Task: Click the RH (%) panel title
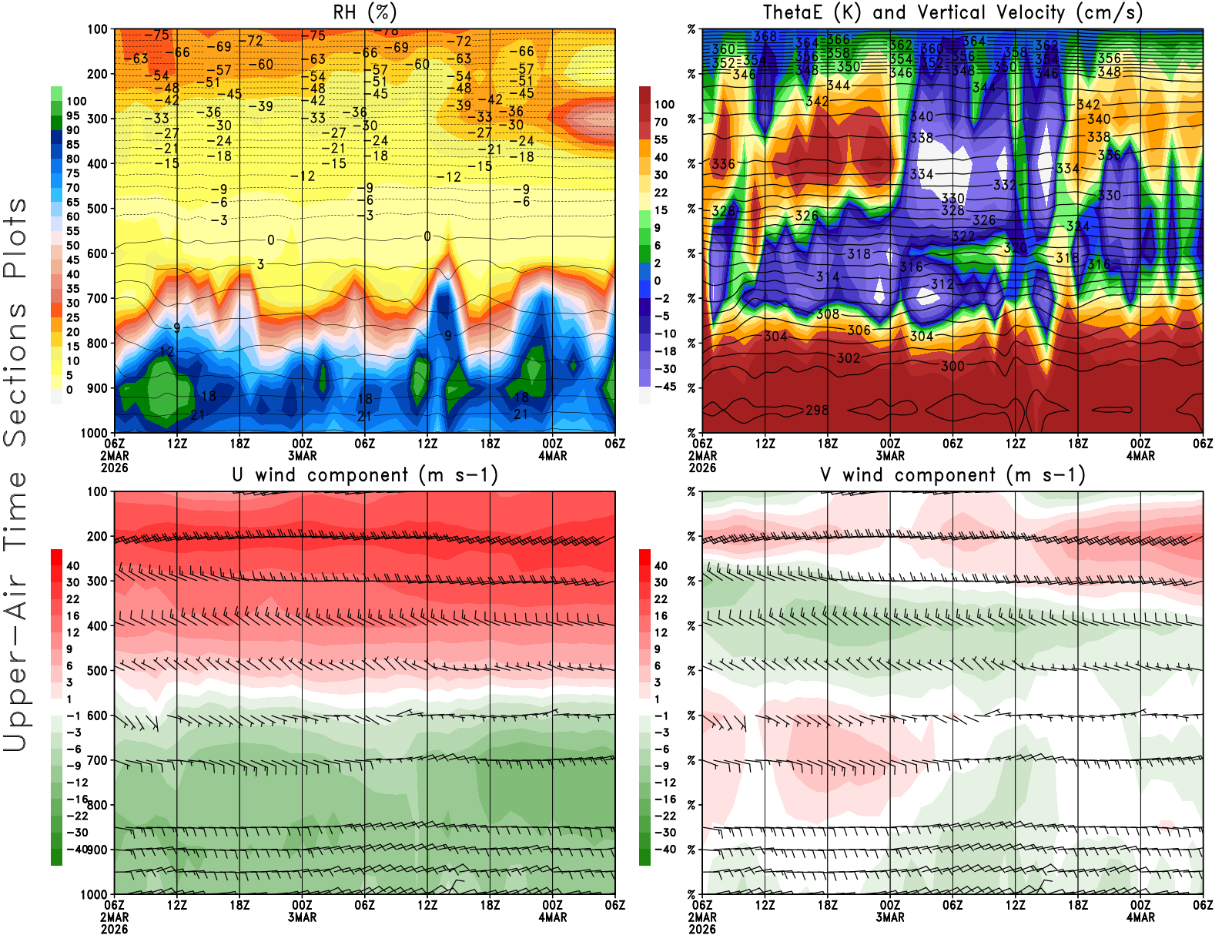point(365,12)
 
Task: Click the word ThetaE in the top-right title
point(792,12)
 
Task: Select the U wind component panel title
point(365,474)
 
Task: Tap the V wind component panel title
point(952,474)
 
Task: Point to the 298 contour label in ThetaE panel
point(817,410)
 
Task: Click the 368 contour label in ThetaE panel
point(765,36)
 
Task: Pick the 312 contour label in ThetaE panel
point(942,284)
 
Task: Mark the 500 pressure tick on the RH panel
point(97,209)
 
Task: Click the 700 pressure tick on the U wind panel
point(97,760)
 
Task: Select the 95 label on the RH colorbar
point(72,116)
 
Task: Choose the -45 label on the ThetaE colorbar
point(665,387)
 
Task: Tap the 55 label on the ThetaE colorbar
point(661,139)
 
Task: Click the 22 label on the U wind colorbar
point(72,599)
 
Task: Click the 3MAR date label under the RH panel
point(303,455)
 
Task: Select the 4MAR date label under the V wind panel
point(1140,917)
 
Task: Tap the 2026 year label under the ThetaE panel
point(702,468)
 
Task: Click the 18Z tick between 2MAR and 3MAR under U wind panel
point(239,905)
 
